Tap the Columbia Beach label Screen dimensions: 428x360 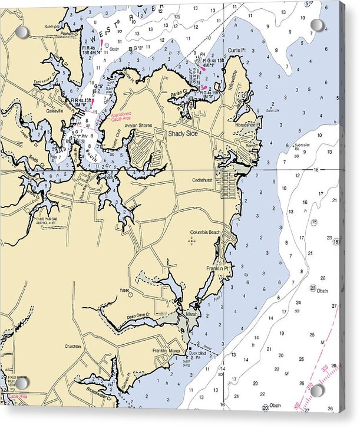point(205,232)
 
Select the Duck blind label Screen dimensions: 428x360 point(198,353)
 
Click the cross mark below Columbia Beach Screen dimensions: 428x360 point(193,241)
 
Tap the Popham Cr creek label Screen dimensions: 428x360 point(68,34)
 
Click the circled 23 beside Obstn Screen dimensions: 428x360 point(312,288)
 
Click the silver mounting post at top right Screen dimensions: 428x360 point(317,25)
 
